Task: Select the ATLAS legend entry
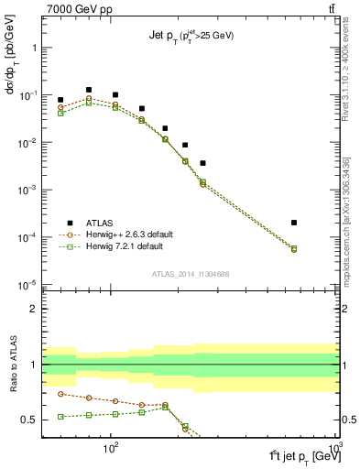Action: click(94, 223)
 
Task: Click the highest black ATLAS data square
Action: click(89, 90)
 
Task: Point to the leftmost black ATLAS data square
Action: click(60, 100)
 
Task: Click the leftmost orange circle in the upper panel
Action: click(60, 107)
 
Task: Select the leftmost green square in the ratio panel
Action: click(60, 416)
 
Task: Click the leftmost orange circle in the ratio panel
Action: click(60, 394)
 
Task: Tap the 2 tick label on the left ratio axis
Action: click(33, 310)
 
